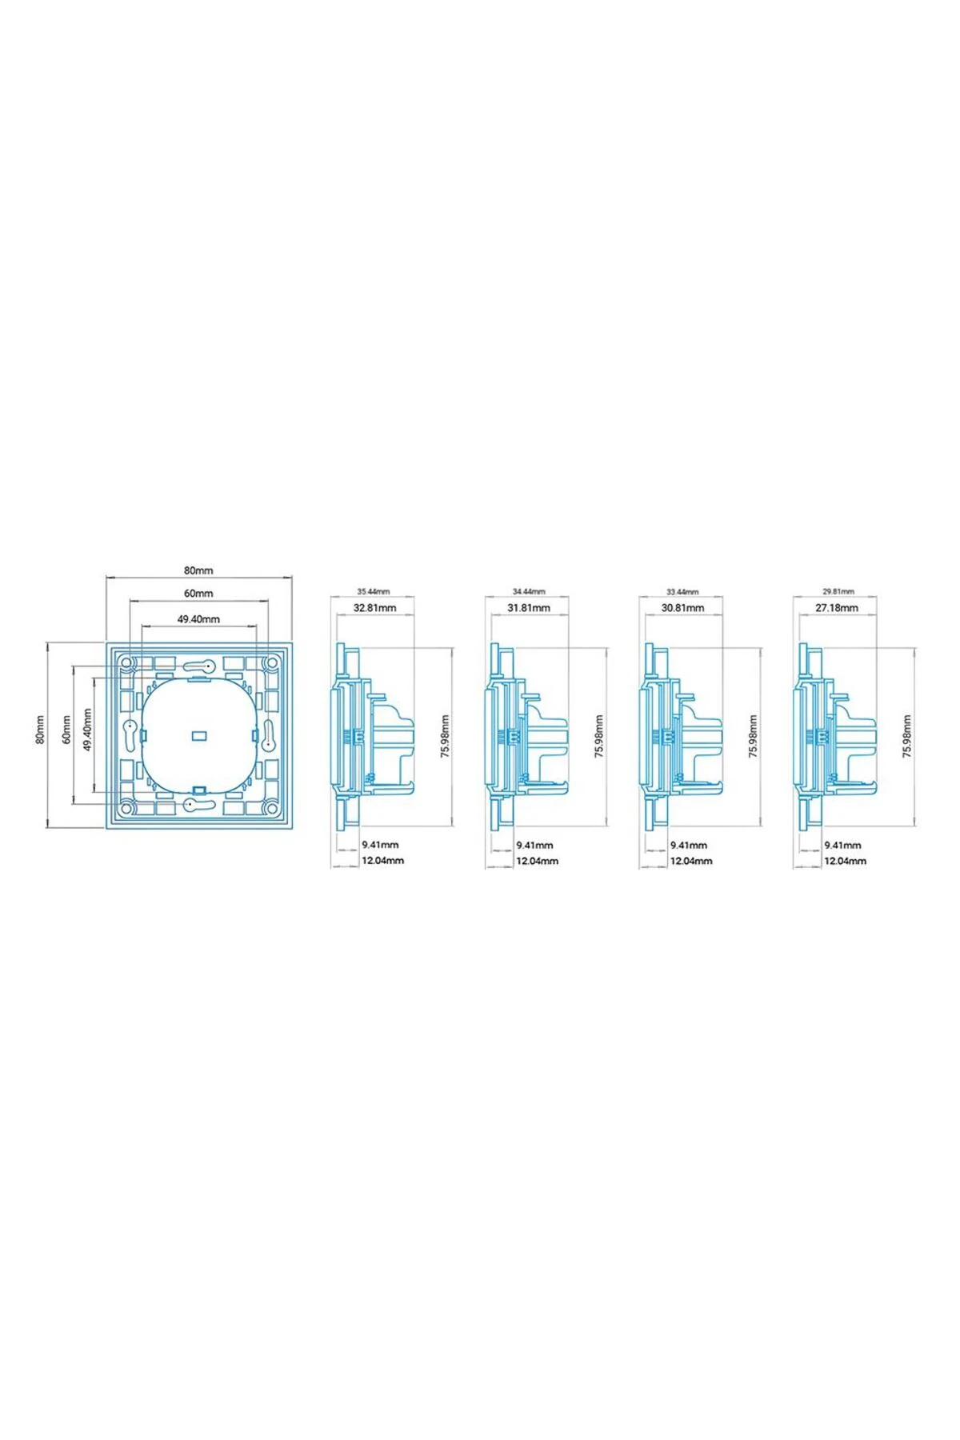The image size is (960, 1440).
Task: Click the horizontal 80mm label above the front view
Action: [x=198, y=570]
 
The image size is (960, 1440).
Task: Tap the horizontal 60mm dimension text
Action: [x=198, y=594]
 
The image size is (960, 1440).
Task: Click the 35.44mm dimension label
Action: [x=373, y=591]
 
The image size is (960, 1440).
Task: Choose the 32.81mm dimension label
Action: [x=375, y=608]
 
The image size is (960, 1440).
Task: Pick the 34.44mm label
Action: [x=529, y=591]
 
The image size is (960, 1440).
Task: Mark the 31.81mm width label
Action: [x=529, y=608]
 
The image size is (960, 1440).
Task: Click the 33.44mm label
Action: [x=682, y=591]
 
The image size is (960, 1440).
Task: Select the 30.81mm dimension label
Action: [x=682, y=608]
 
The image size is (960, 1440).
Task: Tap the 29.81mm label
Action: [x=838, y=591]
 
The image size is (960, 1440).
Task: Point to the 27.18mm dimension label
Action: [x=837, y=608]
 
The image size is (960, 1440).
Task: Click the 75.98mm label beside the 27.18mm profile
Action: [x=906, y=737]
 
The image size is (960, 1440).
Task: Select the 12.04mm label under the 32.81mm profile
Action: [x=383, y=861]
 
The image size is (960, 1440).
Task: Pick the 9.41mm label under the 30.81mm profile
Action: [x=688, y=845]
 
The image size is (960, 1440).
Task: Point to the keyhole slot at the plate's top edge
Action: [x=200, y=666]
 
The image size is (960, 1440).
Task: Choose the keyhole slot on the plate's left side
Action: [x=130, y=732]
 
